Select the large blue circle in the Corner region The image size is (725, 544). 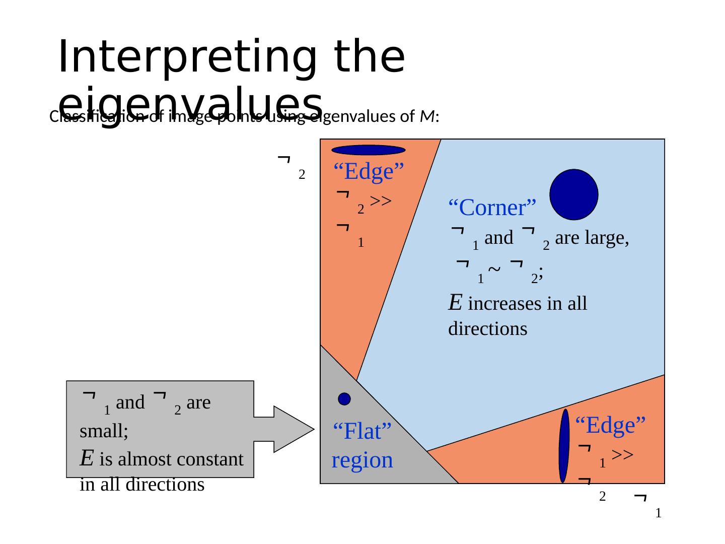573,194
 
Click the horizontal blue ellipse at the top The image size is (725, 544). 369,150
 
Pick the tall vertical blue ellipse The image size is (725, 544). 564,446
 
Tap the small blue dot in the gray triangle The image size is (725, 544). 344,399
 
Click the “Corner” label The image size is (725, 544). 492,207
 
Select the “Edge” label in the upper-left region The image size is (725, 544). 369,172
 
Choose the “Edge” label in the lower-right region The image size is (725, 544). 610,425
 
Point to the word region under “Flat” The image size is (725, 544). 362,460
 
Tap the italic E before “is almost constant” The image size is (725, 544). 86,459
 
